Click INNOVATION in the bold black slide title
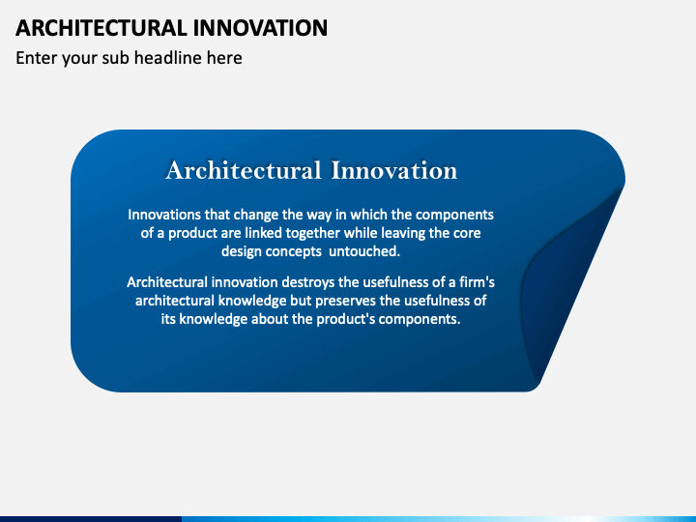[x=261, y=28]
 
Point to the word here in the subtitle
[x=224, y=58]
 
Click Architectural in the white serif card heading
[x=244, y=170]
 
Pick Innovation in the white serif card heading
[x=394, y=170]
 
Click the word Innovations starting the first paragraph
[x=164, y=215]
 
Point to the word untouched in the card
[x=364, y=251]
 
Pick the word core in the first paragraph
[x=467, y=234]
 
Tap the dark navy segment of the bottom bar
[x=91, y=519]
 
